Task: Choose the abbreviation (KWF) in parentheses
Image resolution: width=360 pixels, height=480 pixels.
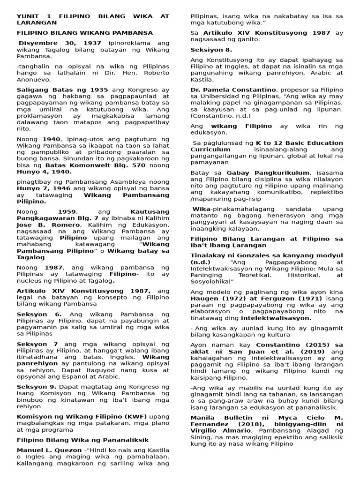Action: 121,416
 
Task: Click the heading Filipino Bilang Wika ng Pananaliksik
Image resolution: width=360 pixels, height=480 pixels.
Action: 82,440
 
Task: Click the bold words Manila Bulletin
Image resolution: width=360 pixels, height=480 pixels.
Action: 217,418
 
